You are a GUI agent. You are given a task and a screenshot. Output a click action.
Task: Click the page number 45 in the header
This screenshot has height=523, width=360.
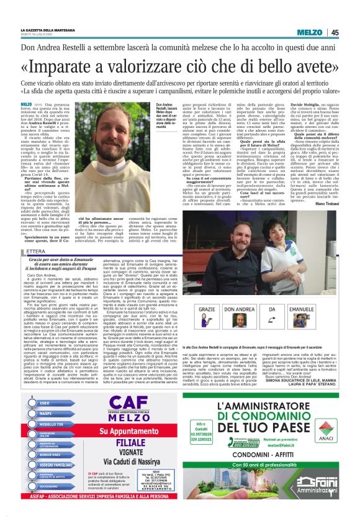point(335,32)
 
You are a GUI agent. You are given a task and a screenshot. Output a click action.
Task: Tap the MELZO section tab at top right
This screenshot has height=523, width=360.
point(308,32)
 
